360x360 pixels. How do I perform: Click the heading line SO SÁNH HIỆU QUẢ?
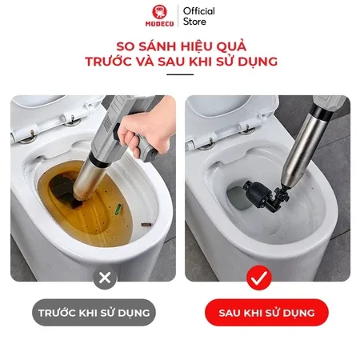tap(180, 45)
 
